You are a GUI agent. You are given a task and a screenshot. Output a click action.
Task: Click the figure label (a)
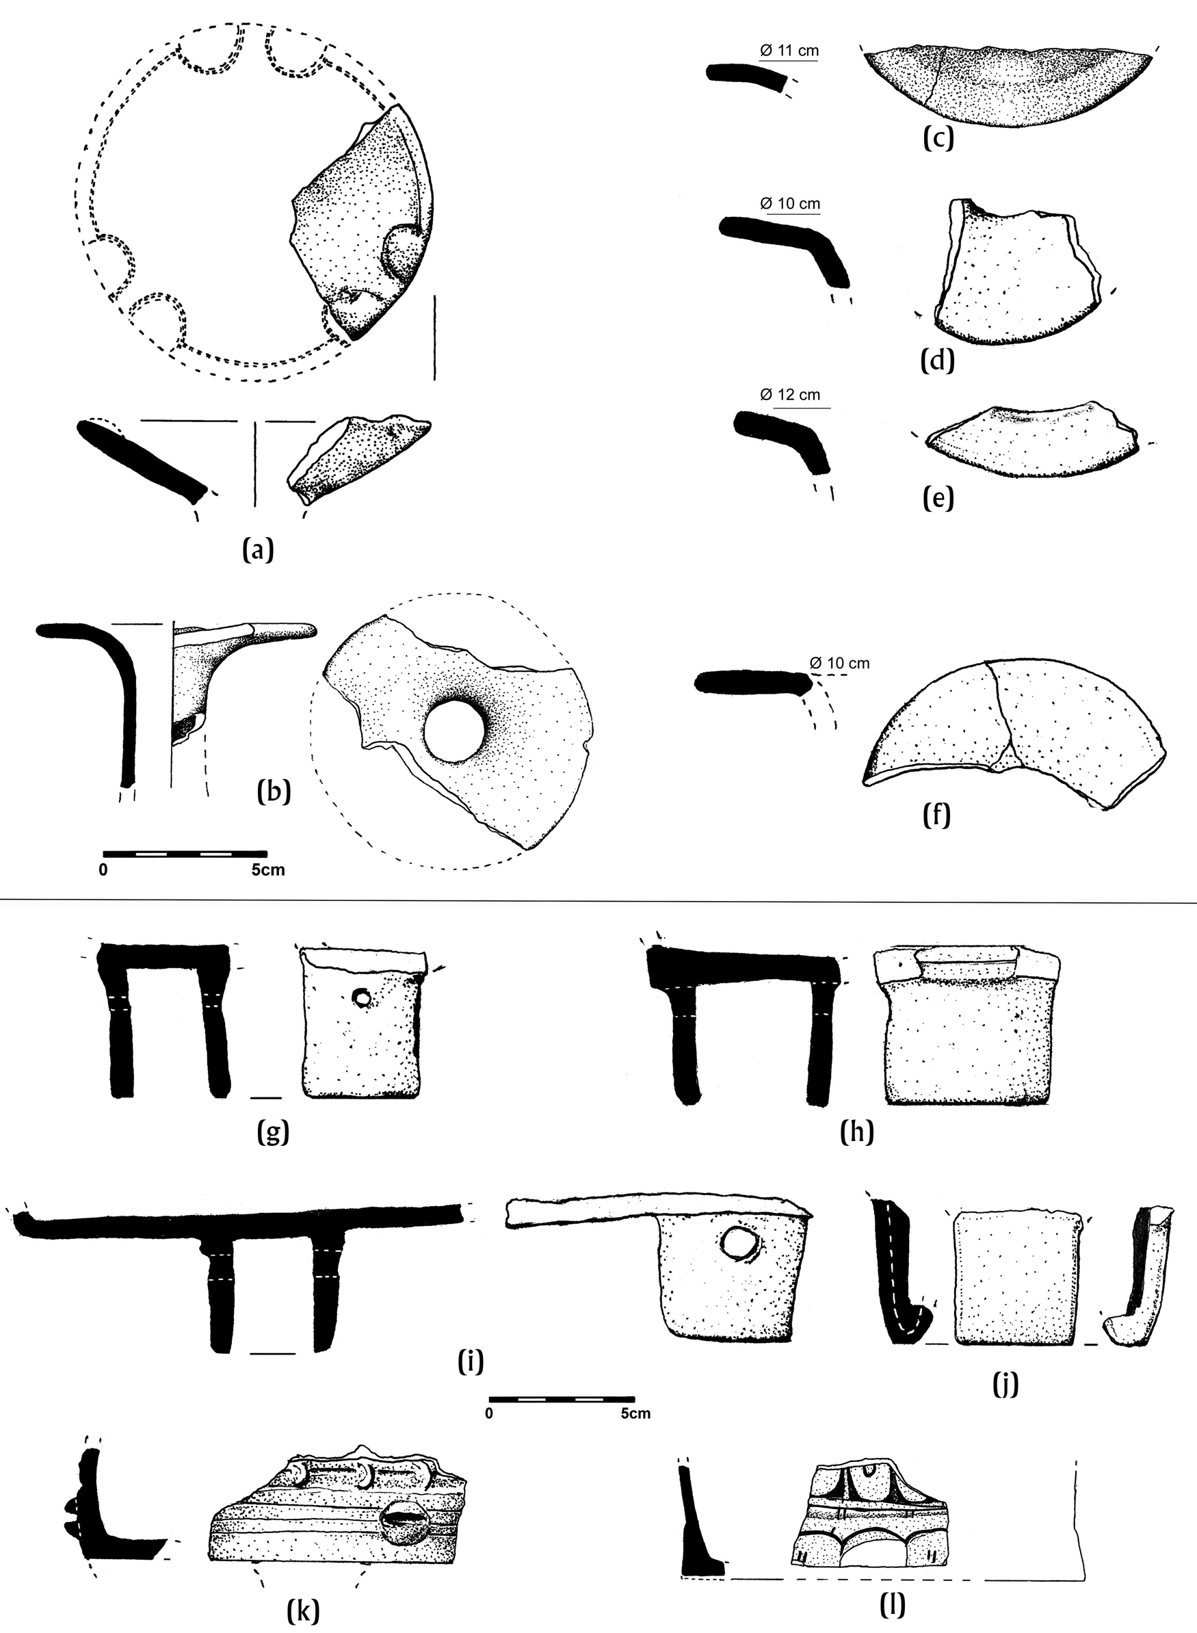(258, 551)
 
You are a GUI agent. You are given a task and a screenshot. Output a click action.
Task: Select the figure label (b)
(274, 791)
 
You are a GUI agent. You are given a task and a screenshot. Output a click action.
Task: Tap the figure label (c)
(938, 138)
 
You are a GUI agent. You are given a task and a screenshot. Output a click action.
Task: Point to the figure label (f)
(936, 815)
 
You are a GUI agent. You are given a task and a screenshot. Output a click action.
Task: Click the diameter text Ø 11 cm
(789, 51)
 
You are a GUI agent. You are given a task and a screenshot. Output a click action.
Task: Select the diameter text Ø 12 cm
(790, 395)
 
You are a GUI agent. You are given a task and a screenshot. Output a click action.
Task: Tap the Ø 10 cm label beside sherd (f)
(839, 662)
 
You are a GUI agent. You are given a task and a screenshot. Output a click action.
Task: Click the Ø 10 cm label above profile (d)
(790, 205)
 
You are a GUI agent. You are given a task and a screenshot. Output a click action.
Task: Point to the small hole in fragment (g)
(362, 999)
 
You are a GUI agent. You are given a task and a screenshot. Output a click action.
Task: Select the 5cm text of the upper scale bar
(268, 870)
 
